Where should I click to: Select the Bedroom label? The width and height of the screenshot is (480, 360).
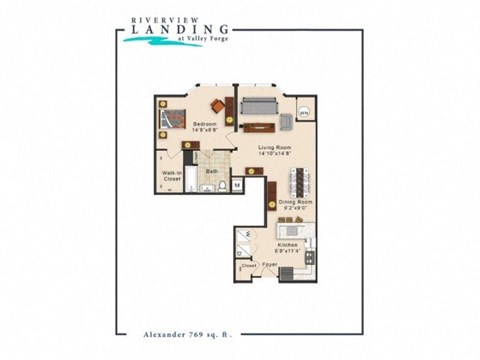(x=204, y=126)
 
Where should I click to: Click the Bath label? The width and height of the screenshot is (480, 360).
(x=212, y=171)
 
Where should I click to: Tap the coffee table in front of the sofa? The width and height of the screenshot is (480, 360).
(x=258, y=125)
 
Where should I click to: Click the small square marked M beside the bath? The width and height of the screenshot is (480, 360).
(x=237, y=185)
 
